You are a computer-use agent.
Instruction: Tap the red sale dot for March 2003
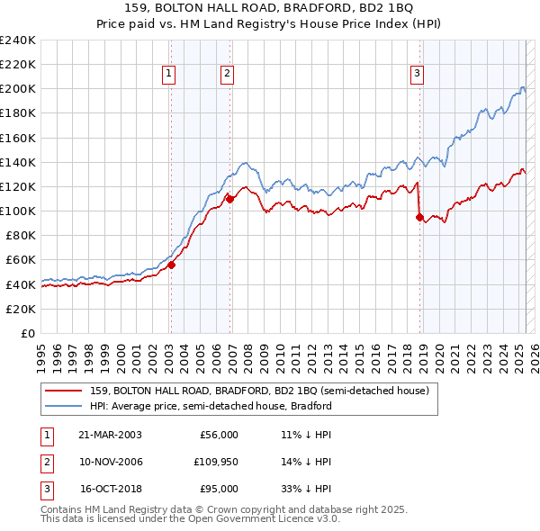(x=171, y=265)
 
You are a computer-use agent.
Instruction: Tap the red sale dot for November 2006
(x=230, y=199)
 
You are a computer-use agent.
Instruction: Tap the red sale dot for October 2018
(x=419, y=217)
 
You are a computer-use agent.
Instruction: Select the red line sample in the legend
(x=63, y=391)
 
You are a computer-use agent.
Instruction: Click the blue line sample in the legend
(x=63, y=406)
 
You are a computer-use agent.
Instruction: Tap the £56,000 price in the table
(x=218, y=435)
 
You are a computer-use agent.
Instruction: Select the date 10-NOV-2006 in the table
(x=111, y=462)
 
